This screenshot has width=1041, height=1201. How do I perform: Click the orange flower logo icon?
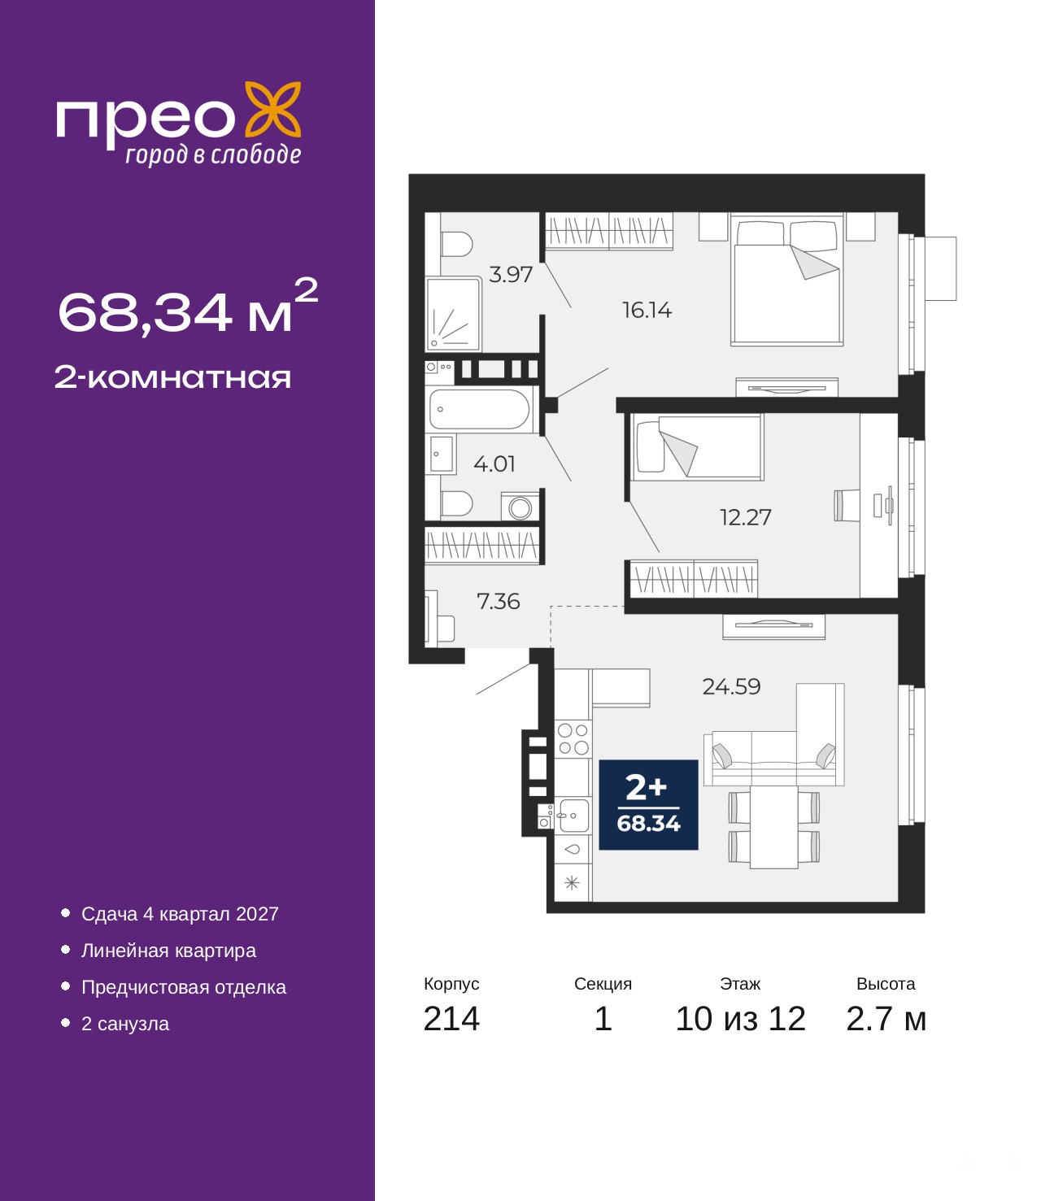pos(272,110)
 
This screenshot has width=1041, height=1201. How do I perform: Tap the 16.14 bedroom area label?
pos(647,311)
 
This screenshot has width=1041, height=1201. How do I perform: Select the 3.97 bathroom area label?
pos(510,274)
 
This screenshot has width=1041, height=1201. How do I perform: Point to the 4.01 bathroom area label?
pos(494,463)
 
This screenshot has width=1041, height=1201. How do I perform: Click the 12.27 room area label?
pos(745,517)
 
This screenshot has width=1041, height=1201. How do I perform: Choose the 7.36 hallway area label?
pos(498,602)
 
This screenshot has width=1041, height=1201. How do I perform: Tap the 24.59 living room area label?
pos(731,687)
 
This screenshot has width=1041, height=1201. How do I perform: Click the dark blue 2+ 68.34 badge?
pos(648,805)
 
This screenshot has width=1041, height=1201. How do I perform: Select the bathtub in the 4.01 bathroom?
pos(480,409)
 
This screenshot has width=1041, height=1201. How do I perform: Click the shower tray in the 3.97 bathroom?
pos(454,314)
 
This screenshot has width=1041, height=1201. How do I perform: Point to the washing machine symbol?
pos(520,507)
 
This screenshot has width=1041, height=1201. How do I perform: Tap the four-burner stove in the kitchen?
pos(573,740)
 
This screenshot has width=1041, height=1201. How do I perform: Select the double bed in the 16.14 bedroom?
pos(787,280)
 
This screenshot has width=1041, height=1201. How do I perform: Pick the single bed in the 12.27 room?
pos(698,447)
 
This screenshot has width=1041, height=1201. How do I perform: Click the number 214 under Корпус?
pos(451,1019)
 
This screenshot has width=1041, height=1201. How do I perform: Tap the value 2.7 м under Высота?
pos(886,1019)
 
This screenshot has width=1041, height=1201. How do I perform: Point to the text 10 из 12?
pos(741,1019)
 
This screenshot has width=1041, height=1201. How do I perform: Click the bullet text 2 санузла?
pos(125,1024)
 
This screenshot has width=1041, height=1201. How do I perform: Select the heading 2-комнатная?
pos(172,377)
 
